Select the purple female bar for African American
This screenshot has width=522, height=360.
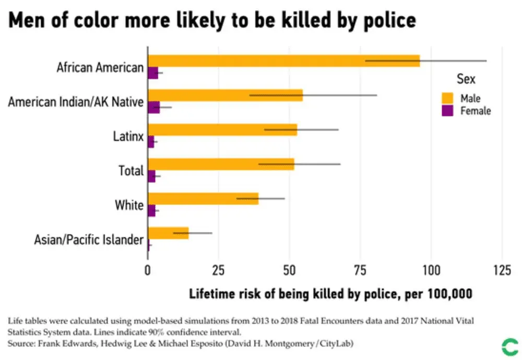152,73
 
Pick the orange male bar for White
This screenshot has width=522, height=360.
203,199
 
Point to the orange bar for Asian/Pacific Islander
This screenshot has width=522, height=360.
168,233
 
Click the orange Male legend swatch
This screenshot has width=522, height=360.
447,98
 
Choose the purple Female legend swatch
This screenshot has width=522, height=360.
447,111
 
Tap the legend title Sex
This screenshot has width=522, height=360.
466,79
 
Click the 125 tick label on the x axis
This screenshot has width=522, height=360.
502,270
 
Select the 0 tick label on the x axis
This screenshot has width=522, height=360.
148,270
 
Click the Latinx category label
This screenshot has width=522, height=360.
128,137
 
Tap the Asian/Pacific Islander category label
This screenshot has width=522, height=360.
89,240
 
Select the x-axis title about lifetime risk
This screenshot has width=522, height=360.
330,294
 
